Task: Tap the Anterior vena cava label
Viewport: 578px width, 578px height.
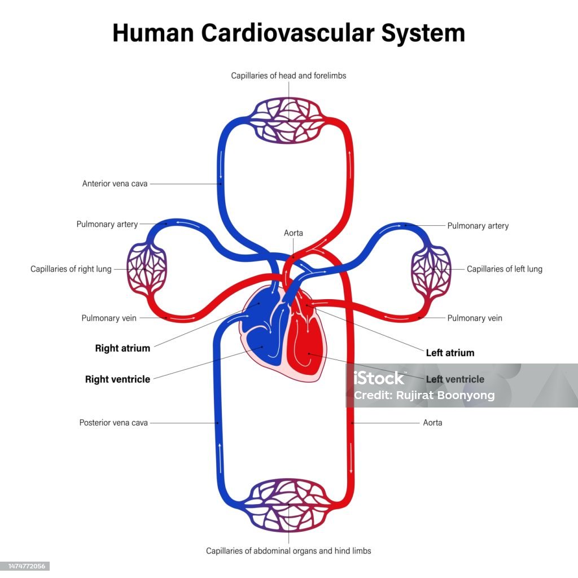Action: tap(115, 183)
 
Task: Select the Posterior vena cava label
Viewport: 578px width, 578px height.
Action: tap(113, 423)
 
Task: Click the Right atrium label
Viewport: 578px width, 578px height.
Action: tap(122, 348)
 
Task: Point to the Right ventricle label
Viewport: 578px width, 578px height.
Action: tap(117, 379)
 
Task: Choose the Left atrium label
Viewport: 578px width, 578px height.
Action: tap(450, 353)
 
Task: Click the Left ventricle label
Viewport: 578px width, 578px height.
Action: tap(456, 379)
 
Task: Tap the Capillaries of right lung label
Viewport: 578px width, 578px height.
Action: tap(71, 269)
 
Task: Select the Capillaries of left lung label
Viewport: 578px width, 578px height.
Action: tap(505, 269)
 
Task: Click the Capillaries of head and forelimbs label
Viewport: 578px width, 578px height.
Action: tap(288, 76)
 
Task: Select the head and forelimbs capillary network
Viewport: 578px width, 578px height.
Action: tap(288, 120)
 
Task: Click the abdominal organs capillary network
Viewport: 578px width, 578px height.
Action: tap(288, 505)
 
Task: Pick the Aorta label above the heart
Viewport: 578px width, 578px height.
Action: tap(294, 233)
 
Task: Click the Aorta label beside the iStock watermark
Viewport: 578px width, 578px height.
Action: tap(432, 423)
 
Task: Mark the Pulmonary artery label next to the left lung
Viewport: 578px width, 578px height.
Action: tap(478, 226)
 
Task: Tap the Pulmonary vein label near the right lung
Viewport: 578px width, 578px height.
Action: tap(109, 318)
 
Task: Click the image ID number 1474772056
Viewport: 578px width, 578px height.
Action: tap(27, 566)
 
